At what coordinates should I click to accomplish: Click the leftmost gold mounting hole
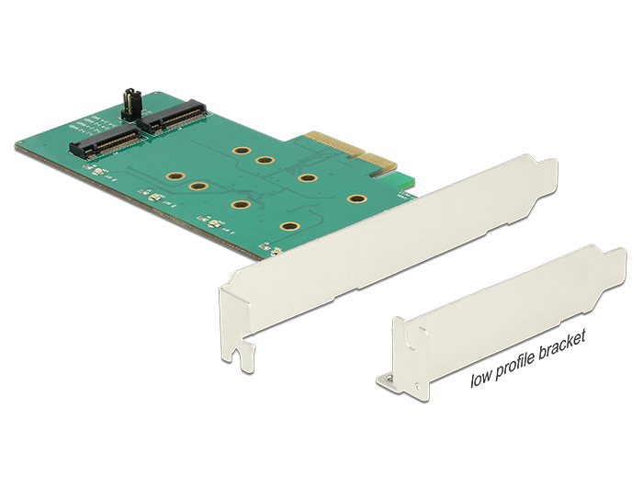pos(171,176)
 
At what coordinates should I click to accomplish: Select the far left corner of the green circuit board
pos(18,144)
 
